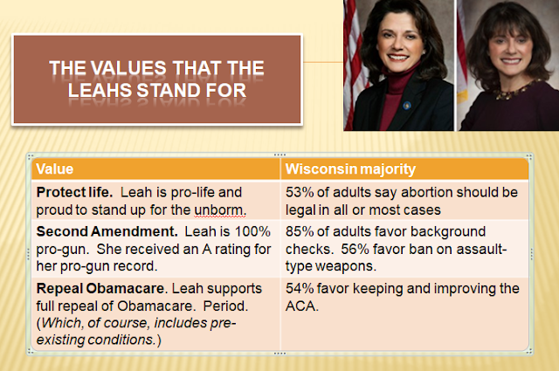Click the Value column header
point(54,169)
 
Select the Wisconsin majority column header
point(350,169)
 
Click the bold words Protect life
point(74,192)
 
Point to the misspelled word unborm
point(220,210)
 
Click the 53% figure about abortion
point(300,192)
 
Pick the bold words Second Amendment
point(107,231)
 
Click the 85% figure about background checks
point(300,231)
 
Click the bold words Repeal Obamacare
point(101,288)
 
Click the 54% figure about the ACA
point(300,288)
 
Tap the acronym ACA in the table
point(301,306)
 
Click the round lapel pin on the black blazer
point(407,105)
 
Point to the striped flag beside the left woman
point(352,64)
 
